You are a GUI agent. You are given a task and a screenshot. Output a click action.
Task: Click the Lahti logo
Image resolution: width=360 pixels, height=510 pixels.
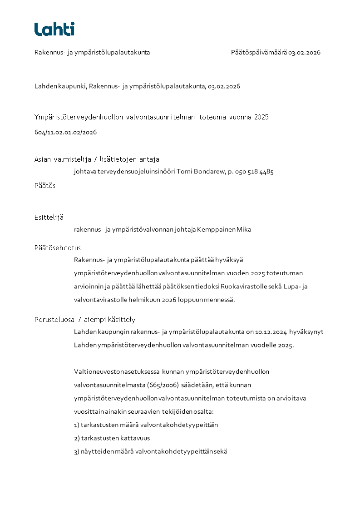(54, 29)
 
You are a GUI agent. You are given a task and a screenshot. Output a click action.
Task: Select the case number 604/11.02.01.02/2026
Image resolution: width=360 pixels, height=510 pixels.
(65, 133)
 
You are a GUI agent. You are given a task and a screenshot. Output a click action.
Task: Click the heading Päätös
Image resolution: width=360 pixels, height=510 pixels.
(45, 185)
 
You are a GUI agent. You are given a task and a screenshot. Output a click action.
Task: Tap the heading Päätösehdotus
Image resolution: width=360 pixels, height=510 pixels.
(58, 248)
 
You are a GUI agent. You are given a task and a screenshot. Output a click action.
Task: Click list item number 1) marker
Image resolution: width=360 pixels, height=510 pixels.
(77, 425)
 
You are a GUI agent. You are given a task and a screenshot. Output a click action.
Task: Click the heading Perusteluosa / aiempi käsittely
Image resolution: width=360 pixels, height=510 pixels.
(85, 319)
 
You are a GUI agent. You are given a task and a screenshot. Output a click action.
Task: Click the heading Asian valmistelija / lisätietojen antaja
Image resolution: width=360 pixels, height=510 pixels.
(97, 159)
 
